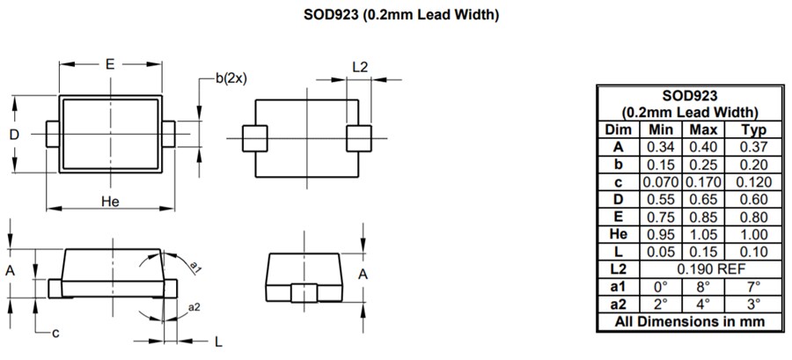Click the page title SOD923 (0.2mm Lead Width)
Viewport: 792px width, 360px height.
click(395, 14)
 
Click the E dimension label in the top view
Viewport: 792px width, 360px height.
click(110, 64)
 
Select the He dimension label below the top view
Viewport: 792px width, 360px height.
click(110, 202)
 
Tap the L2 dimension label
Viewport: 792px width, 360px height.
click(360, 67)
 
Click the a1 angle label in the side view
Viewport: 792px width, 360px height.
click(196, 267)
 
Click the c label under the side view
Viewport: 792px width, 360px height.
click(55, 332)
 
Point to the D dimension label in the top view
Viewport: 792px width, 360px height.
click(14, 135)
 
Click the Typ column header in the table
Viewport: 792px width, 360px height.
click(753, 129)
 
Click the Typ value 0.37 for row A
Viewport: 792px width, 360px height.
click(753, 147)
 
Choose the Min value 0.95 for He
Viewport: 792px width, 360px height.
click(661, 233)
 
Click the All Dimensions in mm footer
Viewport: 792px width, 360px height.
click(689, 321)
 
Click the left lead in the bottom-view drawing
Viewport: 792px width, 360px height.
click(253, 138)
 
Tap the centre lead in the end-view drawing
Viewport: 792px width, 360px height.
click(306, 293)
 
